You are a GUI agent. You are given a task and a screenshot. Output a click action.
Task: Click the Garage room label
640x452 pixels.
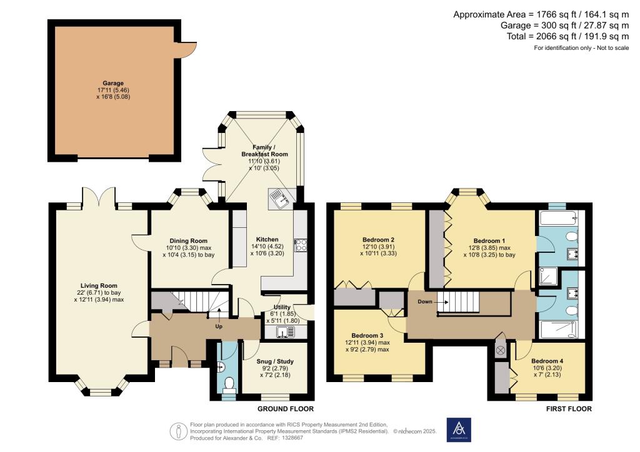[x=113, y=83]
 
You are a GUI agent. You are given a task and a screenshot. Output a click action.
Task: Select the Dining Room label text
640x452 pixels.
[x=188, y=240]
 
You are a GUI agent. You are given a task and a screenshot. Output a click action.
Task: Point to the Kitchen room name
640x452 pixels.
[x=267, y=239]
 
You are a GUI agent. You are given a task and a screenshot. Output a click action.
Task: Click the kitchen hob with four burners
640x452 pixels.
[x=299, y=245]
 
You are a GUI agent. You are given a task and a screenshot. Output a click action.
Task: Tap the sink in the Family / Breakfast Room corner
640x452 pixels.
[x=278, y=199]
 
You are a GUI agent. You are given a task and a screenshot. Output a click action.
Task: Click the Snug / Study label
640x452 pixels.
[x=275, y=361]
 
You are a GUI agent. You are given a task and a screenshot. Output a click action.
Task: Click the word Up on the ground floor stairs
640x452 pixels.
[x=219, y=327]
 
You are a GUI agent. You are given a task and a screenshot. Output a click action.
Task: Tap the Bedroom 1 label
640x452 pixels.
[x=489, y=241]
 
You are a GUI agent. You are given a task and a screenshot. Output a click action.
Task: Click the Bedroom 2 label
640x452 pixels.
[x=378, y=239]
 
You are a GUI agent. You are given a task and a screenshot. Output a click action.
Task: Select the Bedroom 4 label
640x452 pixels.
[x=547, y=361]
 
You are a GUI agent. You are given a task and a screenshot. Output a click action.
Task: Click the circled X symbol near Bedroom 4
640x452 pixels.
[x=500, y=350]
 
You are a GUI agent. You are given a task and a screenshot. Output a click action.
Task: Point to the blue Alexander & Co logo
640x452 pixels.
[x=459, y=430]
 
